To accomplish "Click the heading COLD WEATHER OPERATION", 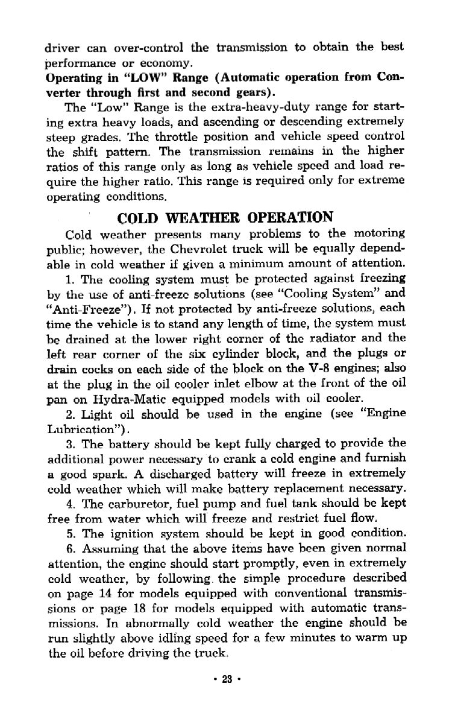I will [226, 217].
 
